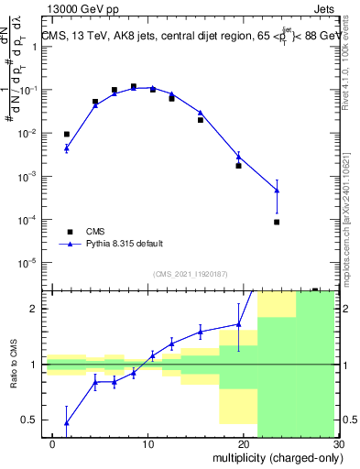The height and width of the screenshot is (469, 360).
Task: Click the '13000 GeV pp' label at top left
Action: pyautogui.click(x=85, y=10)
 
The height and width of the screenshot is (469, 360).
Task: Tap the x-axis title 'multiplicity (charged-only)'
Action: pyautogui.click(x=274, y=455)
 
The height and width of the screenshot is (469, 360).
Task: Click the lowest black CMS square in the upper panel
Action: pyautogui.click(x=277, y=222)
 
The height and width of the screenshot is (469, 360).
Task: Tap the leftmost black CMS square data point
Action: pyautogui.click(x=66, y=134)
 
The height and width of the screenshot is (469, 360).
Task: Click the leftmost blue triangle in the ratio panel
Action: pyautogui.click(x=66, y=423)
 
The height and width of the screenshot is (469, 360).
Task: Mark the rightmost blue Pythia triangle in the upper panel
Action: pyautogui.click(x=277, y=191)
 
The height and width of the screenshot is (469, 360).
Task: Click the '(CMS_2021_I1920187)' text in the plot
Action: pyautogui.click(x=190, y=274)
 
